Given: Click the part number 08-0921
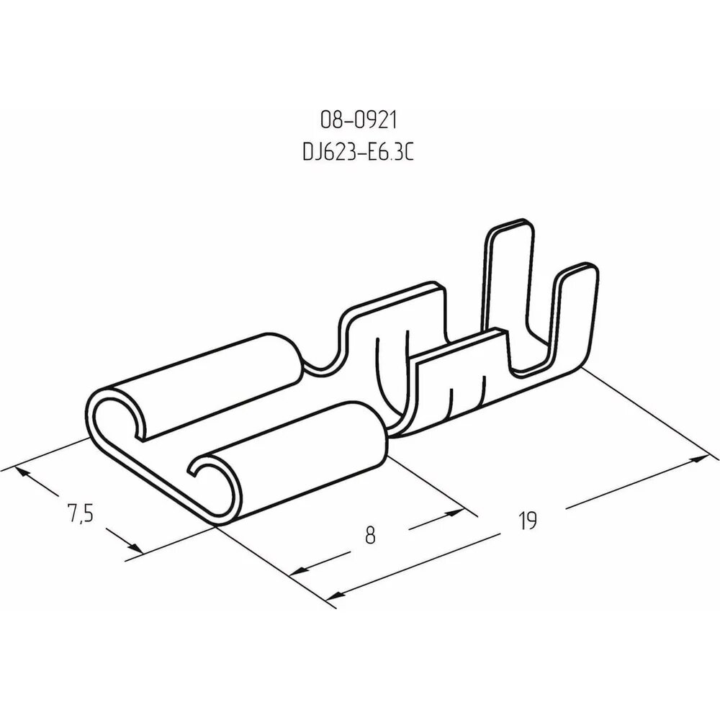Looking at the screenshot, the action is pos(359,120).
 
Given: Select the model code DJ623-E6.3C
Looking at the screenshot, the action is pos(359,152).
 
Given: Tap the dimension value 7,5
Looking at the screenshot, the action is pos(81,513).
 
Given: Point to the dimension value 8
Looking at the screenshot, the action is pos(370,535).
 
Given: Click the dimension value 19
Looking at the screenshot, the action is pos(528,521).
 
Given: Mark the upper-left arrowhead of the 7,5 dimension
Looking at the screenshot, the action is pos(22,473).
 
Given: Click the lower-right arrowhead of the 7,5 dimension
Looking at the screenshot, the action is pos(135,547).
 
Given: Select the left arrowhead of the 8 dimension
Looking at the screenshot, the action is pos(299,571).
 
